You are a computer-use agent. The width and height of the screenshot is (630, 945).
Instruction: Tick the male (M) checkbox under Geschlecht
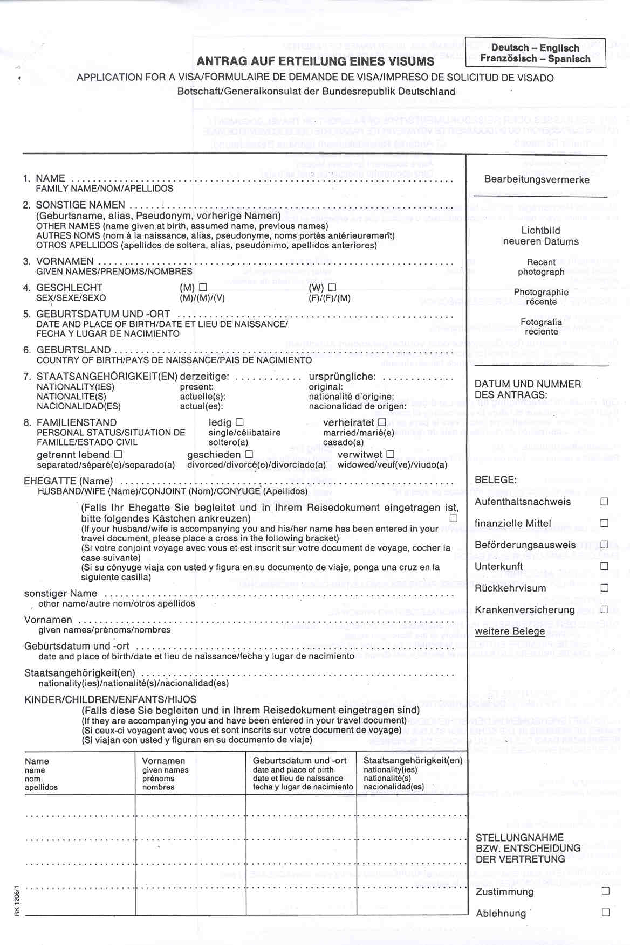(203, 288)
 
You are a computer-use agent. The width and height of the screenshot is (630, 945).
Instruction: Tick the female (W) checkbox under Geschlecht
(332, 288)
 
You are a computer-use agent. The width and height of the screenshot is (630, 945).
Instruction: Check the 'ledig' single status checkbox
(239, 422)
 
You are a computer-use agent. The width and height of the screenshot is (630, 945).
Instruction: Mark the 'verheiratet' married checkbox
(382, 422)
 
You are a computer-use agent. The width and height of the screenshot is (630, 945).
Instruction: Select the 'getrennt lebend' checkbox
(118, 455)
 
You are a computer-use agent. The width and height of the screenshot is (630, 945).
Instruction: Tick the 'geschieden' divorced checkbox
(249, 455)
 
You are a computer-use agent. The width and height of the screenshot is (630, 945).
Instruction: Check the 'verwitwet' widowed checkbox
(390, 455)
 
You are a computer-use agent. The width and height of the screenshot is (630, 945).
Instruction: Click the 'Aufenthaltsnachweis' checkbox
(604, 502)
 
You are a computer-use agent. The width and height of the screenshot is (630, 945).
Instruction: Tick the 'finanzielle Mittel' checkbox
(604, 523)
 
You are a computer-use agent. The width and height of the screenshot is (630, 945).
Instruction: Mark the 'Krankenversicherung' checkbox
(604, 609)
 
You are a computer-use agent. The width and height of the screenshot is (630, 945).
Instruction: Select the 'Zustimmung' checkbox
(605, 891)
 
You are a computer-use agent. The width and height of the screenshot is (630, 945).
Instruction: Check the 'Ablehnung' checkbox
(605, 913)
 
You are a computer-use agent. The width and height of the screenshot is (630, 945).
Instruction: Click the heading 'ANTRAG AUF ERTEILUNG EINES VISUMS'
(316, 61)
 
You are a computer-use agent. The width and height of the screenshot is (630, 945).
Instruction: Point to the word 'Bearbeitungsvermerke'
(537, 179)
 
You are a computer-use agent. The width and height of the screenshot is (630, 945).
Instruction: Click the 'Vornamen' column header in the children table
(163, 761)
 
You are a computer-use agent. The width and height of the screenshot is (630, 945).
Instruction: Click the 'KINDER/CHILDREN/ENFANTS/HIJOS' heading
(111, 699)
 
